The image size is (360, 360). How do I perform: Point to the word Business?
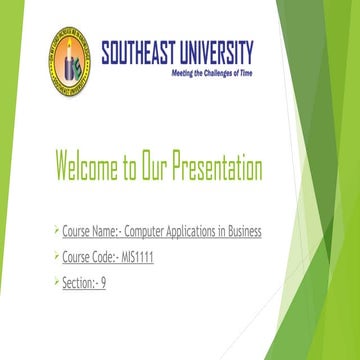[x=244, y=232]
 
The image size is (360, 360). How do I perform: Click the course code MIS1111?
[x=130, y=257]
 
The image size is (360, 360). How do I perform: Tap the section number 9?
[x=102, y=282]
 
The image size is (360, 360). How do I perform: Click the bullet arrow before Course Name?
[x=57, y=231]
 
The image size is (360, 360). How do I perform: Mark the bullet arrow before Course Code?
[x=57, y=256]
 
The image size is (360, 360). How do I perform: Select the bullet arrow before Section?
[x=57, y=281]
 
